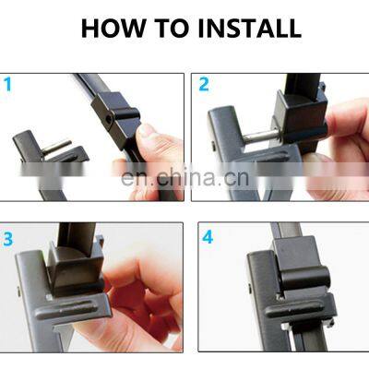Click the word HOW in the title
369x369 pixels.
[113, 29]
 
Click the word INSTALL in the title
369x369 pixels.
[250, 29]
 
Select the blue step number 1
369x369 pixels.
[7, 85]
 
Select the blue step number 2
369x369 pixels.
[204, 84]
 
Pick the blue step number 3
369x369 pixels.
[8, 239]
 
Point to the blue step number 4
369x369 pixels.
[208, 237]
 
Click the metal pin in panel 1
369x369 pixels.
[56, 147]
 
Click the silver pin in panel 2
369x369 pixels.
[259, 137]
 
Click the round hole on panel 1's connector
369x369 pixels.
[109, 118]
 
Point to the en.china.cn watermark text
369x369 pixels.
[184, 177]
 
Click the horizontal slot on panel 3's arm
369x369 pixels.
[66, 308]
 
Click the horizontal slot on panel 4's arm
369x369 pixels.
[294, 310]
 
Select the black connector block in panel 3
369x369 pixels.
[76, 270]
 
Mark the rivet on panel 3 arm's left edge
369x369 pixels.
[19, 292]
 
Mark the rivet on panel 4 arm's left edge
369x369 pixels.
[250, 289]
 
